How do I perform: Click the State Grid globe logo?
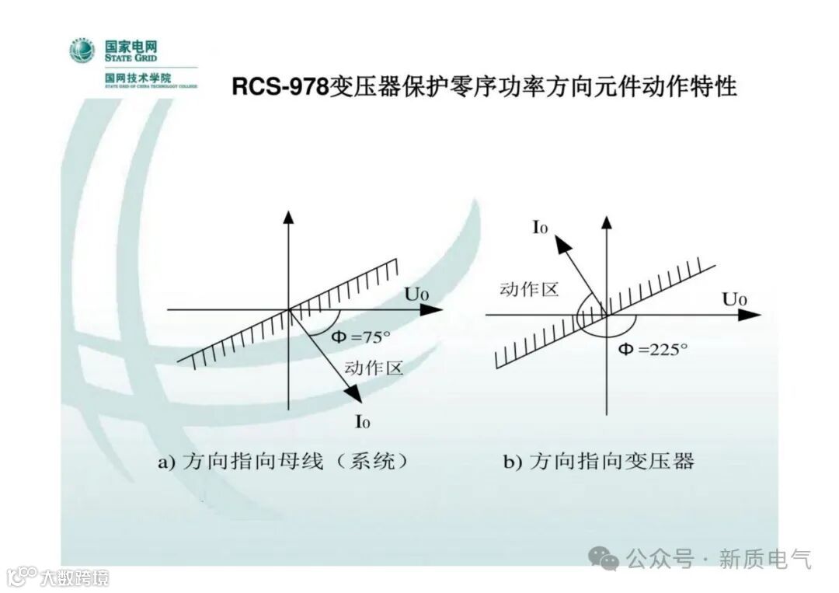82,51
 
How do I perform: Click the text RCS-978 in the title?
280,87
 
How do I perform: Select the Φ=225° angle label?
653,349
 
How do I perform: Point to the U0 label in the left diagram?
413,295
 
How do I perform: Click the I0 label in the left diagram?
362,422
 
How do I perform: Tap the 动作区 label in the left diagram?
374,368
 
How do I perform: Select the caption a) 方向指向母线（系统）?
283,461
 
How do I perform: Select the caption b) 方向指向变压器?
598,461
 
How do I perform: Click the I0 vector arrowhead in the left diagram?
355,396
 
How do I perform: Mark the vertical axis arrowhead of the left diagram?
288,216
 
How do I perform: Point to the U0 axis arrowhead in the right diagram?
749,315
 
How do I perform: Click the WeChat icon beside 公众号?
604,557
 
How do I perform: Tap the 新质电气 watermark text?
764,558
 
